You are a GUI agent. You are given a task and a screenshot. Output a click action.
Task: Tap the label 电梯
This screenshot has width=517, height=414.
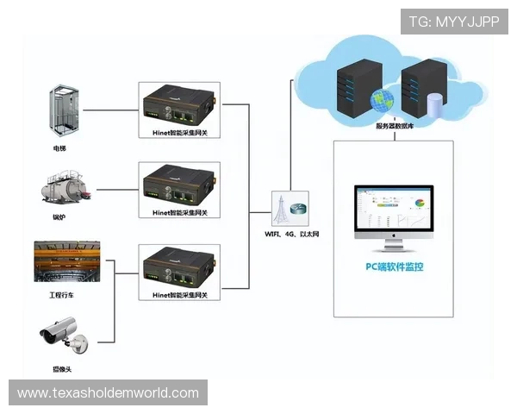(x=59, y=148)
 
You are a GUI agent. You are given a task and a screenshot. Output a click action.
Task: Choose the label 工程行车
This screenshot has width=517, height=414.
(x=63, y=296)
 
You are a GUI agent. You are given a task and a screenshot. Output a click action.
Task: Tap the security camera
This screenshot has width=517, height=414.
(x=62, y=336)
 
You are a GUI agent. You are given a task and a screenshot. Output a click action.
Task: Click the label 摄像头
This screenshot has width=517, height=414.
(x=60, y=368)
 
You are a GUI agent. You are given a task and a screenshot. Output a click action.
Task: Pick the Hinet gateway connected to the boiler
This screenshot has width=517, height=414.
(x=179, y=184)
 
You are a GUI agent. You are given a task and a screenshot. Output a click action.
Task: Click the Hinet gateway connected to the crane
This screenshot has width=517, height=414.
(x=179, y=267)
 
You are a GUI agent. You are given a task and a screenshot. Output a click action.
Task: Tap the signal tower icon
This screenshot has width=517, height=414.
(x=280, y=209)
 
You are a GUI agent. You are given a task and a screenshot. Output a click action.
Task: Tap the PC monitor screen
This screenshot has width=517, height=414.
(x=394, y=211)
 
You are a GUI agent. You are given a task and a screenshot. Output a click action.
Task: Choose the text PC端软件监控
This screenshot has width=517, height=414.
(x=394, y=267)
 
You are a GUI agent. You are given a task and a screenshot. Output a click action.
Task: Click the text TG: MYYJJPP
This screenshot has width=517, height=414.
(x=454, y=22)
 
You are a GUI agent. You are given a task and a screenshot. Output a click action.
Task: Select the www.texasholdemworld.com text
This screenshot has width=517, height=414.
(x=109, y=393)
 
